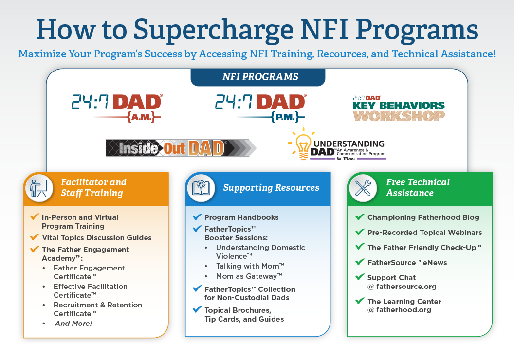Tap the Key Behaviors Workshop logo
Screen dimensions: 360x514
[x=399, y=108]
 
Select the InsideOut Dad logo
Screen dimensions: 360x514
[x=180, y=148]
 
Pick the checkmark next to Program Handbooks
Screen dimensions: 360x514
[x=197, y=217]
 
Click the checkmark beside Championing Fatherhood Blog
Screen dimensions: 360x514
[x=360, y=217]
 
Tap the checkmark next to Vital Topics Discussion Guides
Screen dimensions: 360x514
[x=34, y=237]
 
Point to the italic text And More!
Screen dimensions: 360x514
[x=73, y=324]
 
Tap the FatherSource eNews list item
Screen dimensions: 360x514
[x=407, y=263]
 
